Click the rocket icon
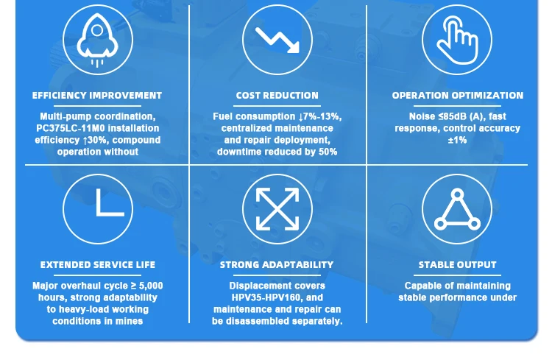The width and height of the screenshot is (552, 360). (x=97, y=40)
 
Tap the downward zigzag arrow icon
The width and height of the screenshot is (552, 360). (x=277, y=40)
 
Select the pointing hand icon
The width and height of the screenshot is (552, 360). (x=457, y=40)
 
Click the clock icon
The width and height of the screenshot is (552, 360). (x=98, y=209)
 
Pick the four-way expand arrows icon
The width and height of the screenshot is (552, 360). (x=277, y=209)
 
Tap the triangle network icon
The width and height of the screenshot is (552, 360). (x=457, y=209)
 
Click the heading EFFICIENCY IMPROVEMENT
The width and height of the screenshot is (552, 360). (x=97, y=96)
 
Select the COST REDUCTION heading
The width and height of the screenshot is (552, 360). (x=277, y=96)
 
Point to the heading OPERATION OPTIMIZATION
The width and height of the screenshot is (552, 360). (x=458, y=96)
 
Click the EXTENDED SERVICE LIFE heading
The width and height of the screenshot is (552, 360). (x=98, y=265)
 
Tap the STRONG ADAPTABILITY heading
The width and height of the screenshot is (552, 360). (x=277, y=265)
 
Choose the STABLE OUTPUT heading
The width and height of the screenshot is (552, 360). (x=457, y=265)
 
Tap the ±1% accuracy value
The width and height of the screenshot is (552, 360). (x=457, y=140)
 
